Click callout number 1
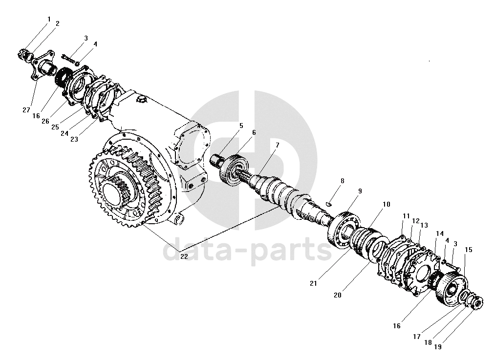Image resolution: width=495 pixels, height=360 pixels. (x=49, y=19)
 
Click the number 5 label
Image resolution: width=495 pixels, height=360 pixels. (x=241, y=126)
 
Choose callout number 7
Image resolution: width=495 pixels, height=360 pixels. (x=277, y=145)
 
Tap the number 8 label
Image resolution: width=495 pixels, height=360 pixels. (x=342, y=181)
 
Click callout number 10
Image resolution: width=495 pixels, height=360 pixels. (x=386, y=205)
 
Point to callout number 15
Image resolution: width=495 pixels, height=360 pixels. (x=469, y=250)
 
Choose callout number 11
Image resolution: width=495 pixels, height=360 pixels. (x=406, y=215)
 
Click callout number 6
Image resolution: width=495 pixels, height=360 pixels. (x=254, y=132)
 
